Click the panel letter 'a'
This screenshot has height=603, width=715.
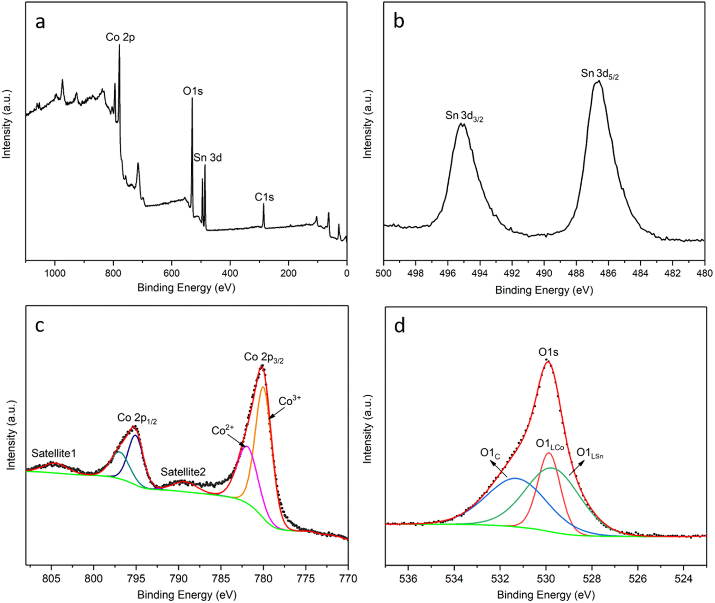[40, 22]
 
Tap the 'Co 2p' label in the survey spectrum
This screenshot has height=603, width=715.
[120, 37]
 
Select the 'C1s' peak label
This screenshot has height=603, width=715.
[264, 197]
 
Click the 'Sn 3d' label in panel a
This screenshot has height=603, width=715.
[207, 158]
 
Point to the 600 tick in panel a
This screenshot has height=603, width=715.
[171, 274]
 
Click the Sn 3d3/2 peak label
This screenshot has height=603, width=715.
[464, 116]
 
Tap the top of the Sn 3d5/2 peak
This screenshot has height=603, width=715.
[598, 81]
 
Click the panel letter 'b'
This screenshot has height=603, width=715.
[399, 21]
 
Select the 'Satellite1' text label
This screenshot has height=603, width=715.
[54, 453]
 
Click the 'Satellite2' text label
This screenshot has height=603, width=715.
[183, 472]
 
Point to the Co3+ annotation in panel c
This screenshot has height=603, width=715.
[289, 401]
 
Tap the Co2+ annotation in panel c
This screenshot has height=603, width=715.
[222, 430]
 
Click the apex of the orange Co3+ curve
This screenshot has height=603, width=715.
[263, 387]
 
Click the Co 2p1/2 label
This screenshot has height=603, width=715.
[137, 418]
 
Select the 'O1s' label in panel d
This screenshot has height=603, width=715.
[549, 352]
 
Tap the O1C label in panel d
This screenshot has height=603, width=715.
[490, 453]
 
